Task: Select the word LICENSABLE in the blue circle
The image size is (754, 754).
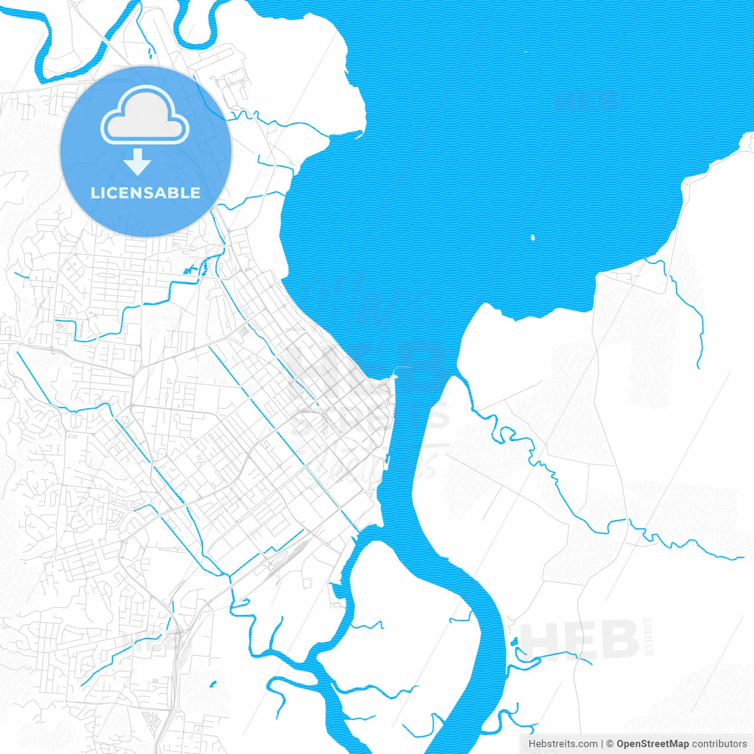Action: pyautogui.click(x=145, y=193)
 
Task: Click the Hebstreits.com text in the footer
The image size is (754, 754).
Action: pyautogui.click(x=563, y=744)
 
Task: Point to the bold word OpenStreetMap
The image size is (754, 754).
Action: pyautogui.click(x=652, y=744)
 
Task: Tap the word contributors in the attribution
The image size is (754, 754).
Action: pyautogui.click(x=719, y=744)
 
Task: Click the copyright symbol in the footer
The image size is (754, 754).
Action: pyautogui.click(x=610, y=744)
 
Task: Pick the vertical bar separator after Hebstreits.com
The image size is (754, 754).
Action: pyautogui.click(x=602, y=744)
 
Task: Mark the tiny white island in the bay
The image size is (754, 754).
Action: pyautogui.click(x=533, y=238)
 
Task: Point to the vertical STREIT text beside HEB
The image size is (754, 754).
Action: pyautogui.click(x=649, y=636)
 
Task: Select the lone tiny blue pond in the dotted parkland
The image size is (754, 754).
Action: pyautogui.click(x=213, y=684)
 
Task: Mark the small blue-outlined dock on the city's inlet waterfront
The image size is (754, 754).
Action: pyautogui.click(x=337, y=590)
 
